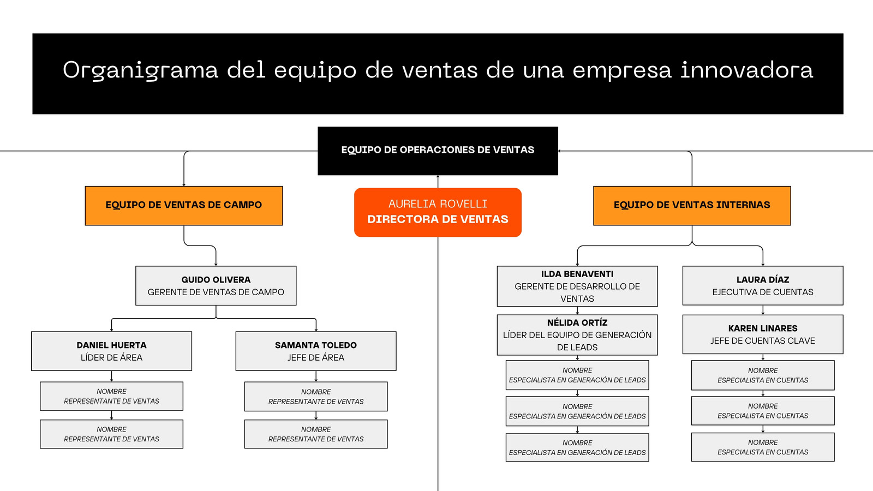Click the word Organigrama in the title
point(140,71)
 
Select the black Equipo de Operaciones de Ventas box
point(438,151)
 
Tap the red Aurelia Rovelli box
point(438,212)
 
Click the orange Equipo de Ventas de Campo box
point(184,206)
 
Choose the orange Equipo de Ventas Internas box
point(692,206)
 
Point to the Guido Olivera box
point(216,286)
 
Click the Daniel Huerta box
point(111,351)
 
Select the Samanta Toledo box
point(316,351)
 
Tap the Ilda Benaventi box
point(577,286)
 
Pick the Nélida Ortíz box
point(577,335)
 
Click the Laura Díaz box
point(763,286)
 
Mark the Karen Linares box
point(763,334)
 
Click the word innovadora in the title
point(747,70)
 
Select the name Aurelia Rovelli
point(438,204)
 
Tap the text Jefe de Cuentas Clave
point(763,341)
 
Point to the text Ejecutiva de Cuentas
point(763,292)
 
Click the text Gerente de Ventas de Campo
point(216,292)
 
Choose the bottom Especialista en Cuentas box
point(763,447)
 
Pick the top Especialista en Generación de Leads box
point(577,375)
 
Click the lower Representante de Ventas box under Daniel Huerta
point(111,434)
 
